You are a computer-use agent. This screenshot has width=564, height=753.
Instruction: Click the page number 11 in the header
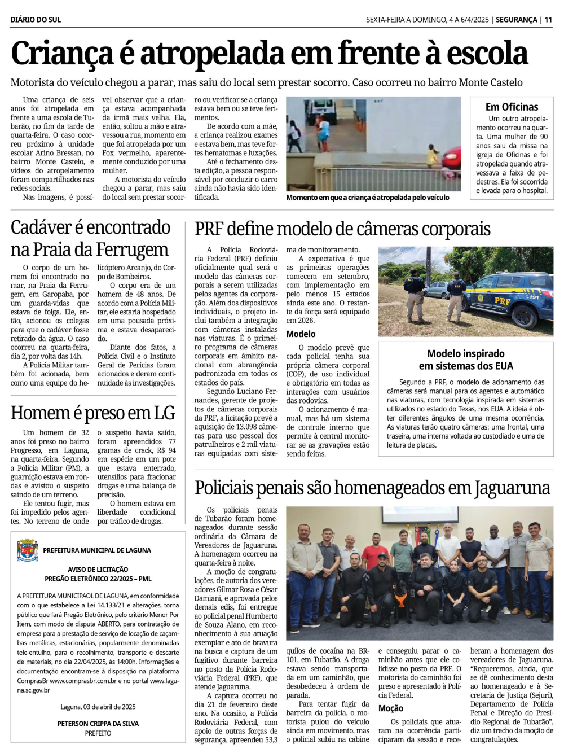click(x=548, y=20)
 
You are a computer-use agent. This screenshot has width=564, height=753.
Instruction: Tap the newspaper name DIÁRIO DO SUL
click(x=36, y=20)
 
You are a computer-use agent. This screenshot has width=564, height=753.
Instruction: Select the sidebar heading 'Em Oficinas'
click(x=512, y=107)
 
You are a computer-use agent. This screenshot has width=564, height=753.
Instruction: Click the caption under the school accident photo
click(x=367, y=198)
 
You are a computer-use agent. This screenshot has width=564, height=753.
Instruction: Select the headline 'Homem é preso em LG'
click(x=93, y=413)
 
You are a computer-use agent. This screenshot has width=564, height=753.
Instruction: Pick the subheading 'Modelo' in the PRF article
click(x=301, y=334)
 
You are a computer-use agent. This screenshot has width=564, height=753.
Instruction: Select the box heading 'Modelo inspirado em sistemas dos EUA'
click(x=466, y=360)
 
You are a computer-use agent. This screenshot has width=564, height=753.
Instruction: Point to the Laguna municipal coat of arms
click(x=28, y=550)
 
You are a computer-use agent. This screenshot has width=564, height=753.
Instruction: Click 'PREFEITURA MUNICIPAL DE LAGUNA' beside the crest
click(x=97, y=550)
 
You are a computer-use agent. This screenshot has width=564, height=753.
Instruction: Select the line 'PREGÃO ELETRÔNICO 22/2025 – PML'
click(x=98, y=579)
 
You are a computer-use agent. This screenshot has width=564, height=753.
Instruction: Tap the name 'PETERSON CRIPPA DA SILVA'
click(x=98, y=723)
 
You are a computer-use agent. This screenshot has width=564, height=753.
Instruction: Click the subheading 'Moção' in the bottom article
click(x=390, y=708)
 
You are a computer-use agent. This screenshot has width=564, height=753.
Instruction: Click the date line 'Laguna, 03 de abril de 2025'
click(x=98, y=707)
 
